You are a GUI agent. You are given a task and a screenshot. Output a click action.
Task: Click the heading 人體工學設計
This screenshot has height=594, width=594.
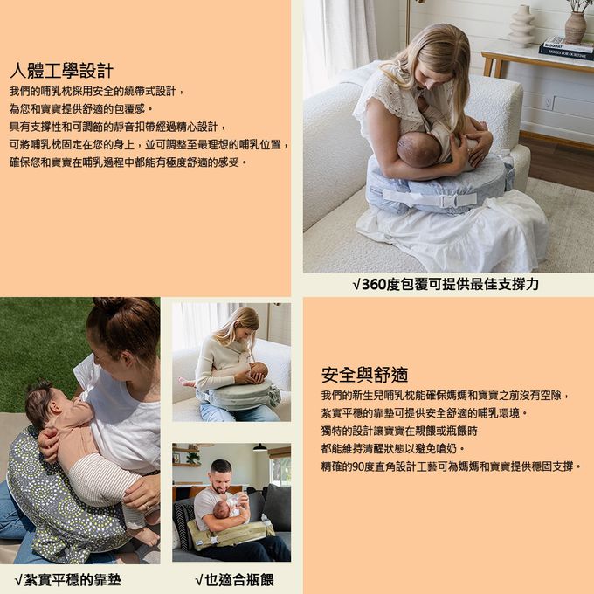pos(61,71)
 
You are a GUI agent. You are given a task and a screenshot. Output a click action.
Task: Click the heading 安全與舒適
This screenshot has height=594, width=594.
pos(364,375)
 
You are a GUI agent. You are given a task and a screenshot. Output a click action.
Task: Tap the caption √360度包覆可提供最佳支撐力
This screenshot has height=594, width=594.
pos(445,284)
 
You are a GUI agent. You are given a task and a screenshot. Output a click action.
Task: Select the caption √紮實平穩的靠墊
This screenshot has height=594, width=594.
pos(68,580)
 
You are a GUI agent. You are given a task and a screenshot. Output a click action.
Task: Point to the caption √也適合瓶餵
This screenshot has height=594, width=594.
pos(234,580)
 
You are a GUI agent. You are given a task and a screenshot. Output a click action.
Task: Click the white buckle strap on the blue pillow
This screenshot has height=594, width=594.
pos(430,198)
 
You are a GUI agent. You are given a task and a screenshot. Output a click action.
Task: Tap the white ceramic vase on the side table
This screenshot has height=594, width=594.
pos(521,25)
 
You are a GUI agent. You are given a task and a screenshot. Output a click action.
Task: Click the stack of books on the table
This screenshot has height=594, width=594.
pos(567,49)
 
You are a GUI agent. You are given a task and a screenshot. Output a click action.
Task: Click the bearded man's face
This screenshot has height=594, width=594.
pos(220,480)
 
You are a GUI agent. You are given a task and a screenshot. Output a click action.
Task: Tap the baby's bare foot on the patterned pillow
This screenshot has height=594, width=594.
pos(148,536)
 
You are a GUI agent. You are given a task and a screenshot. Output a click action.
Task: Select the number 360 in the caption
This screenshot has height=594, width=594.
pos(374,285)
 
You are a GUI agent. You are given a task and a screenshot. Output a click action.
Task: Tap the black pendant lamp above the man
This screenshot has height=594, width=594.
pos(260,448)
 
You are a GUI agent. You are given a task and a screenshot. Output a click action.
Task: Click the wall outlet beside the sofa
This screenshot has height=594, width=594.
pos(548,103)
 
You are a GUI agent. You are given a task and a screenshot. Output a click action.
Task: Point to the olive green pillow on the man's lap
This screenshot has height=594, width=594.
pos(229,533)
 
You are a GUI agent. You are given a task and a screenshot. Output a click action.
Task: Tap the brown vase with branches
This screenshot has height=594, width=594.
pos(576,26)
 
